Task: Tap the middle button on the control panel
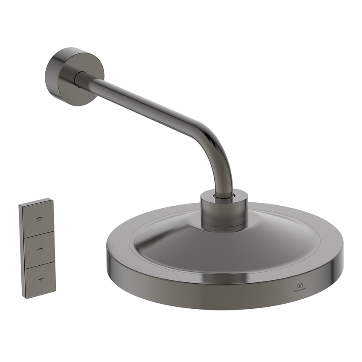[x=40, y=250]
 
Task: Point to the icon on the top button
[x=40, y=220]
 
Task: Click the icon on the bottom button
[x=40, y=280]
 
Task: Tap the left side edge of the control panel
[x=21, y=251]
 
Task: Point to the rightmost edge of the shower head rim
[x=342, y=260]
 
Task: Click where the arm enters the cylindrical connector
[x=224, y=195]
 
